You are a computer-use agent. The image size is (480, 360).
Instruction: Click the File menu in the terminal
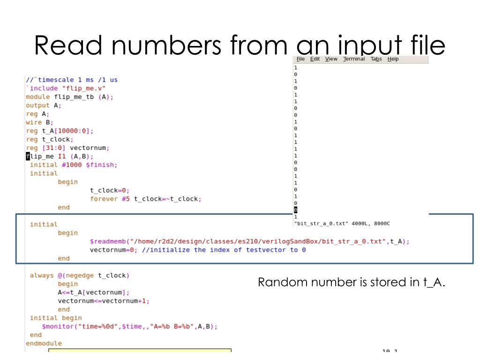tap(300, 59)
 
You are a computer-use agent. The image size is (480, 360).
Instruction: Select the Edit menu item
tap(315, 59)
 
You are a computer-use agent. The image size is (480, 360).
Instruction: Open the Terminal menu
tap(354, 59)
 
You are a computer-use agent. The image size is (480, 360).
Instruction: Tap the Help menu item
tap(393, 59)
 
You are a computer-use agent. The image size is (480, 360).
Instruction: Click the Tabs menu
tap(376, 59)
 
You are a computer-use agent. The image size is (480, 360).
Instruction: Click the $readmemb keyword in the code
tap(107, 241)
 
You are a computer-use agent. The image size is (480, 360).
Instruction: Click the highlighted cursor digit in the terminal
tap(295, 210)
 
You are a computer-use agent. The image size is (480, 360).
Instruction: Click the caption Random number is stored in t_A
tap(351, 282)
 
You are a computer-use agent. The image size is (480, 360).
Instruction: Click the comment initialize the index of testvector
tap(224, 250)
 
